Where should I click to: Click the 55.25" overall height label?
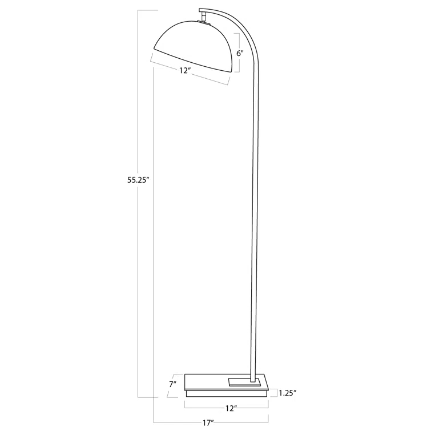[138, 179]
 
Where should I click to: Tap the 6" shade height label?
[240, 53]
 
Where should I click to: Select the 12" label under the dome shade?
[184, 71]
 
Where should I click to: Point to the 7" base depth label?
[172, 384]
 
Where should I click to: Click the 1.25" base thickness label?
[288, 392]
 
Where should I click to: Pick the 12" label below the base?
[231, 408]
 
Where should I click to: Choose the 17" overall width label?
[209, 423]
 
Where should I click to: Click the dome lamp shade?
[194, 46]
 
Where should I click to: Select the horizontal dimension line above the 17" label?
[211, 416]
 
